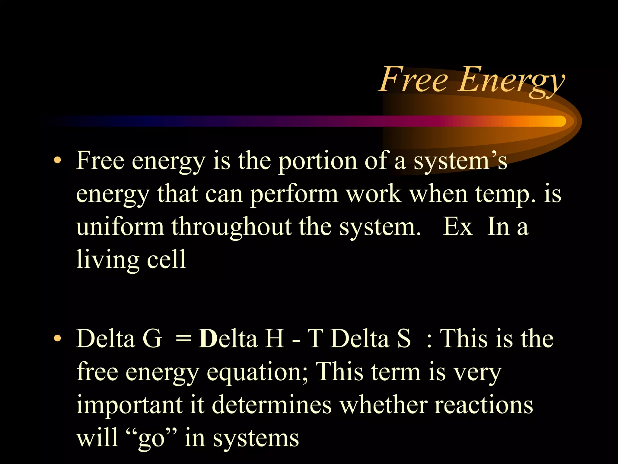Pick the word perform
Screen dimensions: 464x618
(x=294, y=194)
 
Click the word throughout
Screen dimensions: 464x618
(x=232, y=227)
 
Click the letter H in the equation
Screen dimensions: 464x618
(x=275, y=338)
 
